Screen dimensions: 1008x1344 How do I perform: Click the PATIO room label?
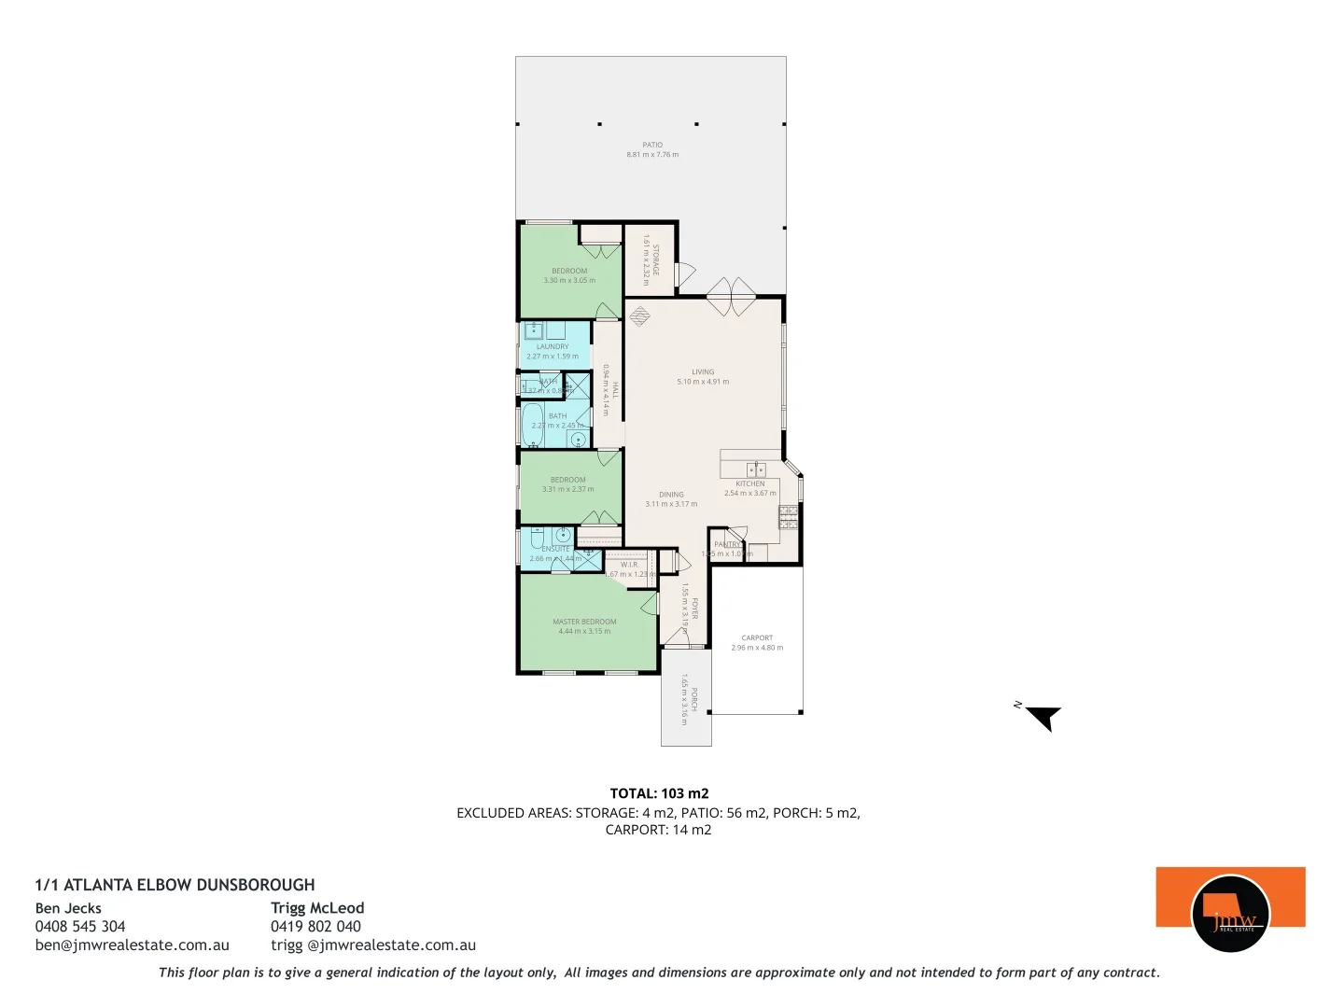coord(652,145)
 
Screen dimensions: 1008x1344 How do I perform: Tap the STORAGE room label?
coord(655,259)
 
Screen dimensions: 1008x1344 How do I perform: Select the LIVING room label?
coord(703,371)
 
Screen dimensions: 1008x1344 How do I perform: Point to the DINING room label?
coord(671,495)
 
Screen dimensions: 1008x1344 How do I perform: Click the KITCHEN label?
coord(749,483)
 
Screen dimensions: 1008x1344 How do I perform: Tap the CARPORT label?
coord(757,638)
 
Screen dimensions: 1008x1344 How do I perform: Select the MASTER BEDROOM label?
coord(584,622)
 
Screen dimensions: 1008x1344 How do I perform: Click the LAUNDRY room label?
coord(553,346)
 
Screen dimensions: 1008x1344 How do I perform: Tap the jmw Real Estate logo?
coord(1230,912)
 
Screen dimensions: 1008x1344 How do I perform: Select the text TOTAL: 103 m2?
coord(659,793)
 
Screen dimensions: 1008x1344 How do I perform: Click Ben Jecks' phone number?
coord(80,927)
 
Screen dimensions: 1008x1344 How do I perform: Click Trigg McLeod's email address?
coord(373,945)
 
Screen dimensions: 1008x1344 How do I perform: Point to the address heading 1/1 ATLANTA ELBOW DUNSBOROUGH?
coord(175,885)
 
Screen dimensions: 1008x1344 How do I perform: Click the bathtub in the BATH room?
coord(532,425)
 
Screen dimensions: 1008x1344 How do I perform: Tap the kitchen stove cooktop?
coord(789,518)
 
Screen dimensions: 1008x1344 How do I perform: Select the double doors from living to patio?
coord(731,297)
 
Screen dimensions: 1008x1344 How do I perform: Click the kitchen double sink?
coord(756,469)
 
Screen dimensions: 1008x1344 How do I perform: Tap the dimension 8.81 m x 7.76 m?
coord(652,155)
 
